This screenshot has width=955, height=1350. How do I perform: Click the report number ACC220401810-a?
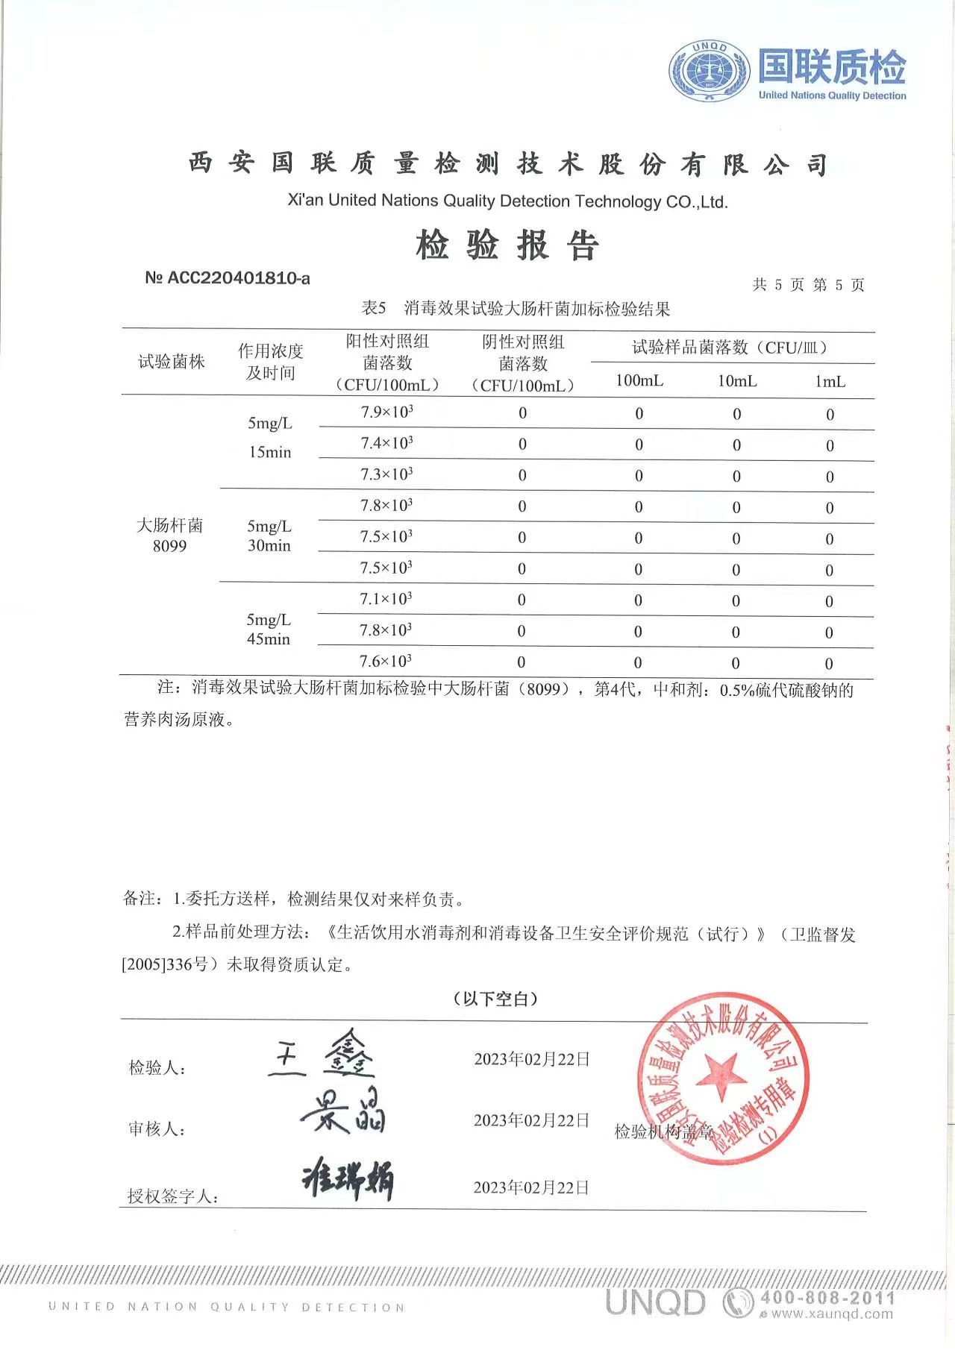coord(228,278)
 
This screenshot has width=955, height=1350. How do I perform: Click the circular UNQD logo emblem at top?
coord(709,71)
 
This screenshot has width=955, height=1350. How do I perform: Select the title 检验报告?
coord(507,245)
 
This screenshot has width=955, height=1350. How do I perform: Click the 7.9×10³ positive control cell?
coord(386,412)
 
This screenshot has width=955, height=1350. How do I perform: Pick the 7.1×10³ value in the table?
coord(386,599)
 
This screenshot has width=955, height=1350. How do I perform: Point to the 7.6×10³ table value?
coord(386,662)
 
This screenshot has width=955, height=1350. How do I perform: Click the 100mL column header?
coord(639,381)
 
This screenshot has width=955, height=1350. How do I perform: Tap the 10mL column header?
coord(737,381)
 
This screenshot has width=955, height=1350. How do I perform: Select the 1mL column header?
coord(830,382)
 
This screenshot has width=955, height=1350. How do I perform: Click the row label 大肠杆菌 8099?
coord(169,536)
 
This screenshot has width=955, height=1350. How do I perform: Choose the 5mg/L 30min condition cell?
coord(269,536)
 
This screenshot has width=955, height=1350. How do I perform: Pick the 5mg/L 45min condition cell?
coord(269,630)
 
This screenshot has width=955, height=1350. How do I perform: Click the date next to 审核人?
coord(531,1120)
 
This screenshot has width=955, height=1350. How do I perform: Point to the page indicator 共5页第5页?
coord(809,285)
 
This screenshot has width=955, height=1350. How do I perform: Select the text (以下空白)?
coord(495,999)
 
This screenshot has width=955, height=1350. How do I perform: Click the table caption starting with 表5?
coord(516,309)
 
